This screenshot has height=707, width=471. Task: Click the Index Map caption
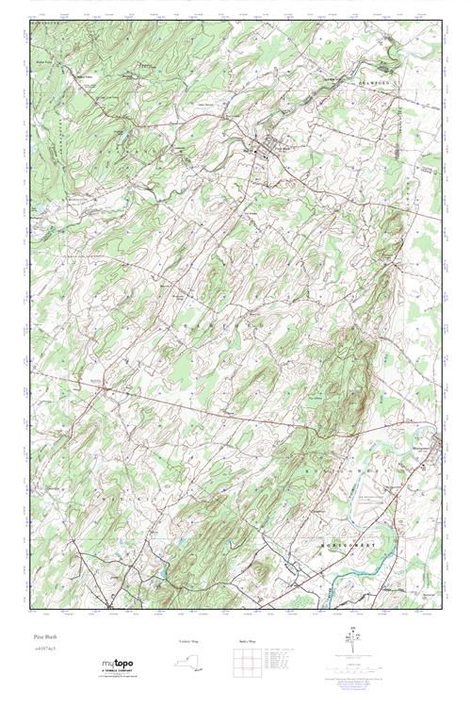tap(248, 642)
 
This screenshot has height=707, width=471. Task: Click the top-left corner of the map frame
tap(31, 21)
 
